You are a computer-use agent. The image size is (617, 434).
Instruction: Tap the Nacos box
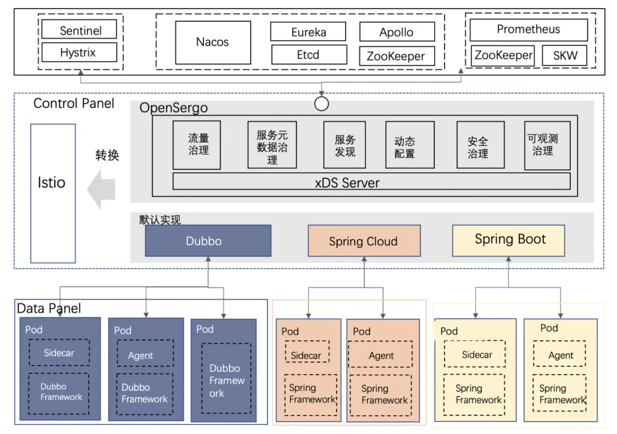[213, 42]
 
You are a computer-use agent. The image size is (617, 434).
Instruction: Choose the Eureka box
[308, 31]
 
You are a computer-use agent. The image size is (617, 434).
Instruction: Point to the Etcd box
[308, 55]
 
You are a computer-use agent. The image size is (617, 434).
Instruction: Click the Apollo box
[396, 32]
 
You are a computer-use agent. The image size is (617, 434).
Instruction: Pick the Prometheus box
[528, 30]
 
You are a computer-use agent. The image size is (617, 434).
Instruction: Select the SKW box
[565, 55]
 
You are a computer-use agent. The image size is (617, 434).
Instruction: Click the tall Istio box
[52, 182]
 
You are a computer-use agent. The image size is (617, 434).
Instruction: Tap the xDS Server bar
[371, 182]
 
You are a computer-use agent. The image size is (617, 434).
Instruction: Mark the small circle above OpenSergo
[322, 103]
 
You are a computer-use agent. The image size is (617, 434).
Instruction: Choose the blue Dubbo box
[208, 240]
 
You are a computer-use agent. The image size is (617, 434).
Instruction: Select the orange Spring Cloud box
[363, 241]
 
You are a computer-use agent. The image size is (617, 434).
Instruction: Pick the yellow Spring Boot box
[508, 240]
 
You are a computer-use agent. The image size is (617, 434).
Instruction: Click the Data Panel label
[49, 309]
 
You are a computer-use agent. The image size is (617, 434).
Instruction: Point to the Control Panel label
[74, 103]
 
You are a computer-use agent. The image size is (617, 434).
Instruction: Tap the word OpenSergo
[174, 107]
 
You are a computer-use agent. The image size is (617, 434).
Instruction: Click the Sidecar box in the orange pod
[307, 355]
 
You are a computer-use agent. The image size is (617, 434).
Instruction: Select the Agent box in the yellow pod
[560, 355]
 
